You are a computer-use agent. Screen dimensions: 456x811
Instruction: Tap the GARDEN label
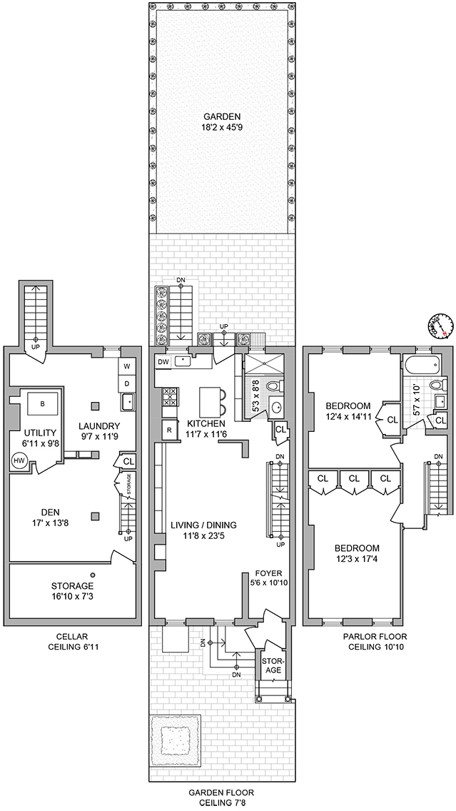coord(221,117)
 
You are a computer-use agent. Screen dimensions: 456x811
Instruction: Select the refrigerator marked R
coord(168,429)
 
